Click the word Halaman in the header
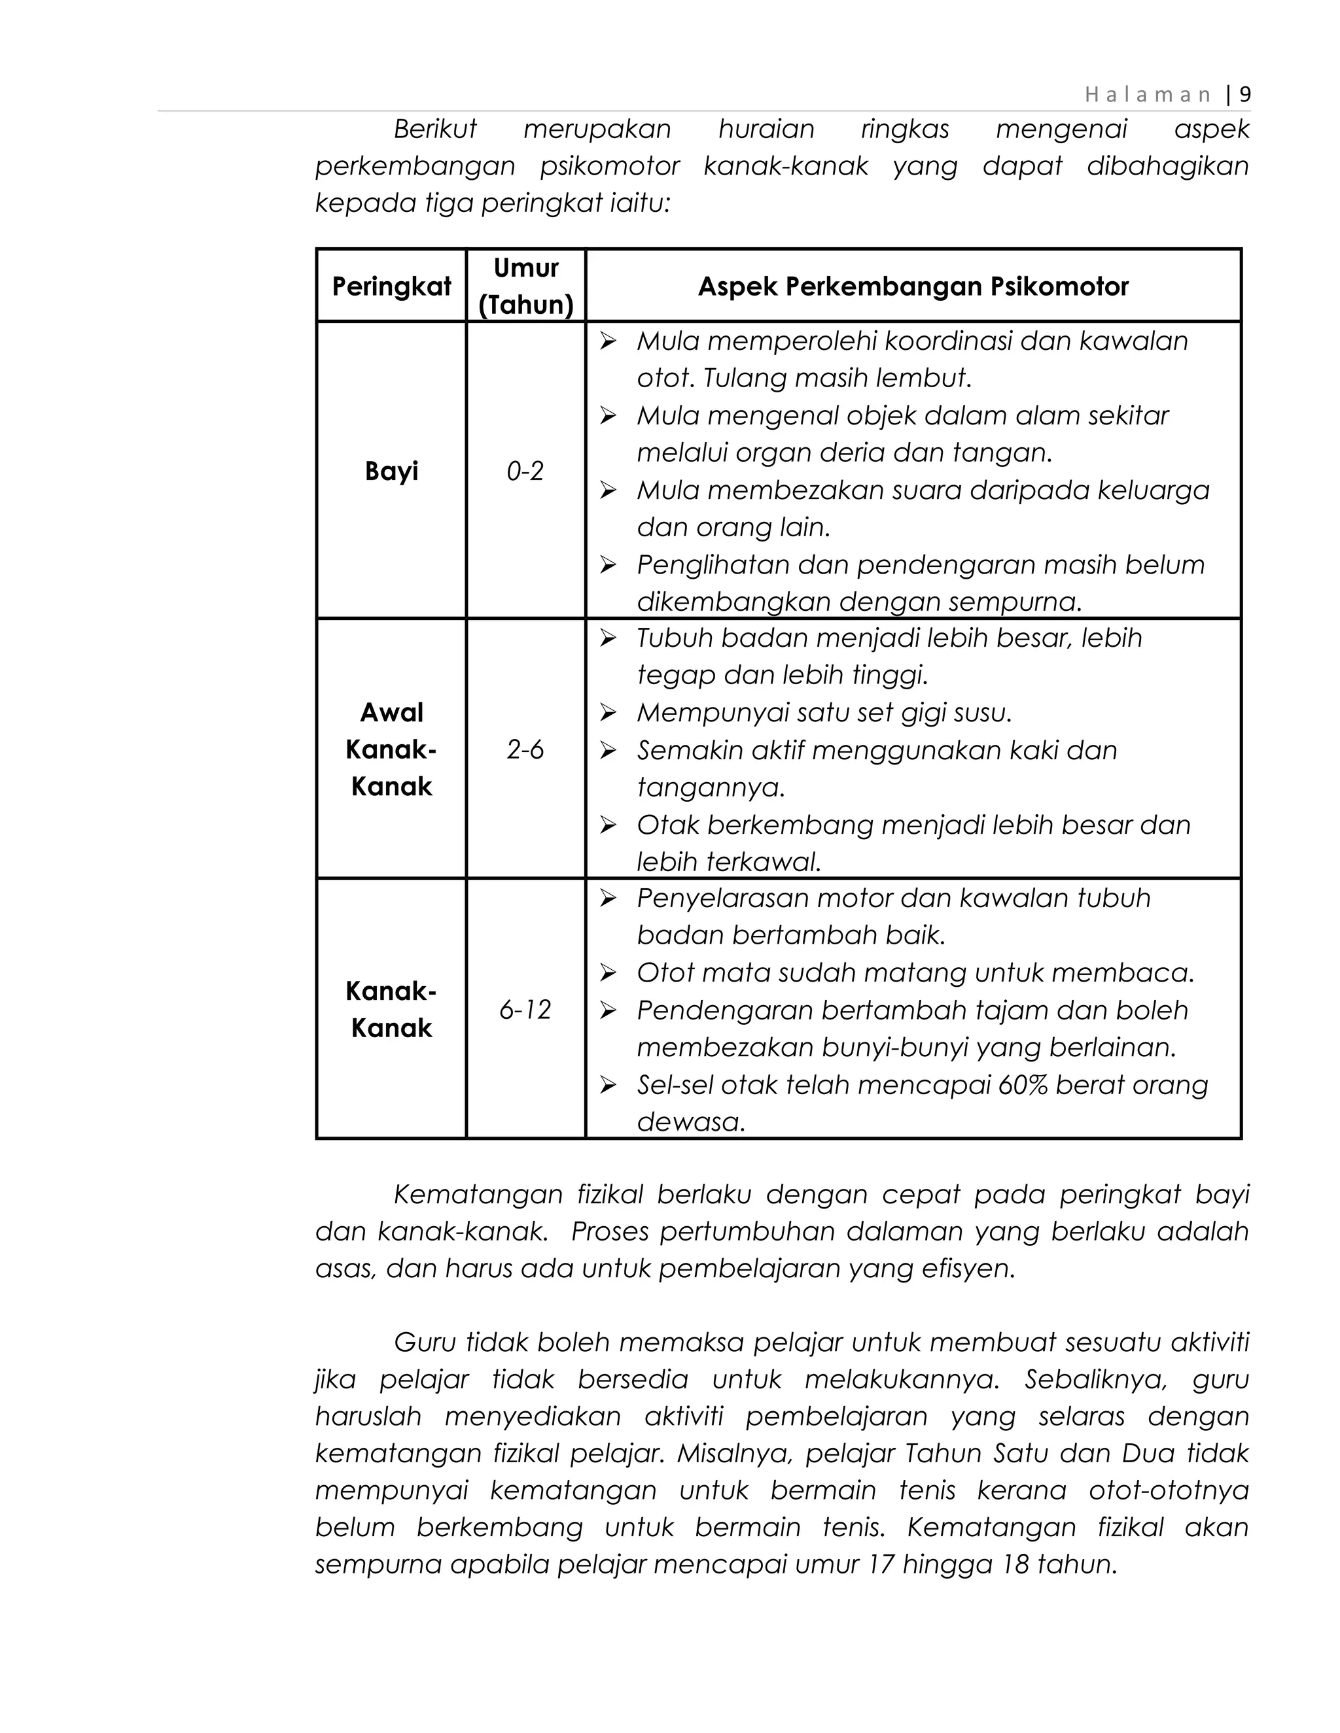pyautogui.click(x=1147, y=95)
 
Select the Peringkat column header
pyautogui.click(x=391, y=286)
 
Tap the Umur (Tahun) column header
pyautogui.click(x=525, y=286)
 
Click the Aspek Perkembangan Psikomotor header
pyautogui.click(x=913, y=286)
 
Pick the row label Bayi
pyautogui.click(x=391, y=471)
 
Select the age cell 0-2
pyautogui.click(x=525, y=472)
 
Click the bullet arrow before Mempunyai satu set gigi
pyautogui.click(x=608, y=713)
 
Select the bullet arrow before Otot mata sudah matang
pyautogui.click(x=608, y=973)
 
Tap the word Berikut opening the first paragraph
pyautogui.click(x=435, y=129)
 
